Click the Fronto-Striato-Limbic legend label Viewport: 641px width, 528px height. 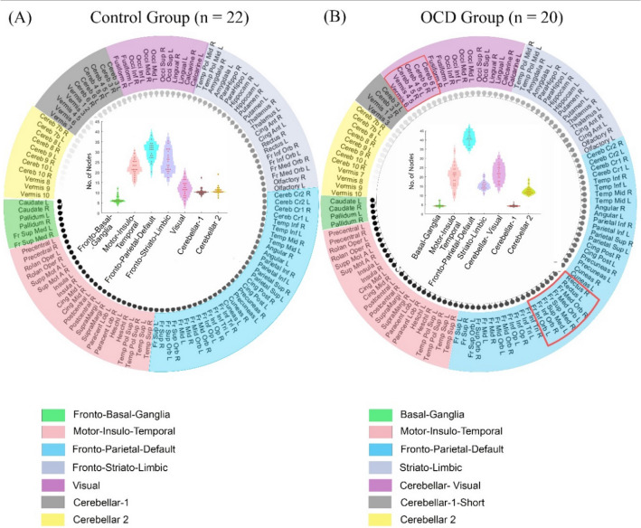[x=121, y=466]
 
